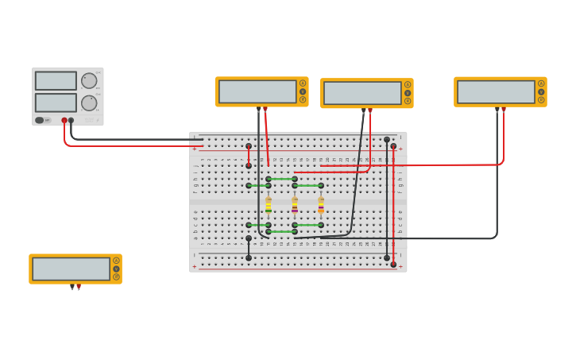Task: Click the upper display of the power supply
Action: pyautogui.click(x=56, y=80)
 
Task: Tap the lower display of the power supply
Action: pyautogui.click(x=56, y=103)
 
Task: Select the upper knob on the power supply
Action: pyautogui.click(x=89, y=80)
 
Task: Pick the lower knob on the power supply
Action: pyautogui.click(x=89, y=103)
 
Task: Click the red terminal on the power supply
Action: pyautogui.click(x=64, y=121)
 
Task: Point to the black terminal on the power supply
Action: pyautogui.click(x=71, y=121)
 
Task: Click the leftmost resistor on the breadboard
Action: pyautogui.click(x=269, y=205)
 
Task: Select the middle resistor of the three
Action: pyautogui.click(x=295, y=205)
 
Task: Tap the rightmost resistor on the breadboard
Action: pyautogui.click(x=321, y=205)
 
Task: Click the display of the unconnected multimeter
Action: pyautogui.click(x=71, y=269)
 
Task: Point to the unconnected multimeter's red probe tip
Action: pyautogui.click(x=79, y=288)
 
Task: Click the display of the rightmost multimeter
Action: pyautogui.click(x=495, y=91)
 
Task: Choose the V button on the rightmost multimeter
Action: pyautogui.click(x=541, y=91)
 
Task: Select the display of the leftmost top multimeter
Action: pyautogui.click(x=257, y=91)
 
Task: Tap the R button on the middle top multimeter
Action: pyautogui.click(x=408, y=101)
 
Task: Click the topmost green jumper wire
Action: pyautogui.click(x=281, y=179)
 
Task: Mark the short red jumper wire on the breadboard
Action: pyautogui.click(x=249, y=156)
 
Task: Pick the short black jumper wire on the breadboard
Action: pyautogui.click(x=249, y=248)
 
